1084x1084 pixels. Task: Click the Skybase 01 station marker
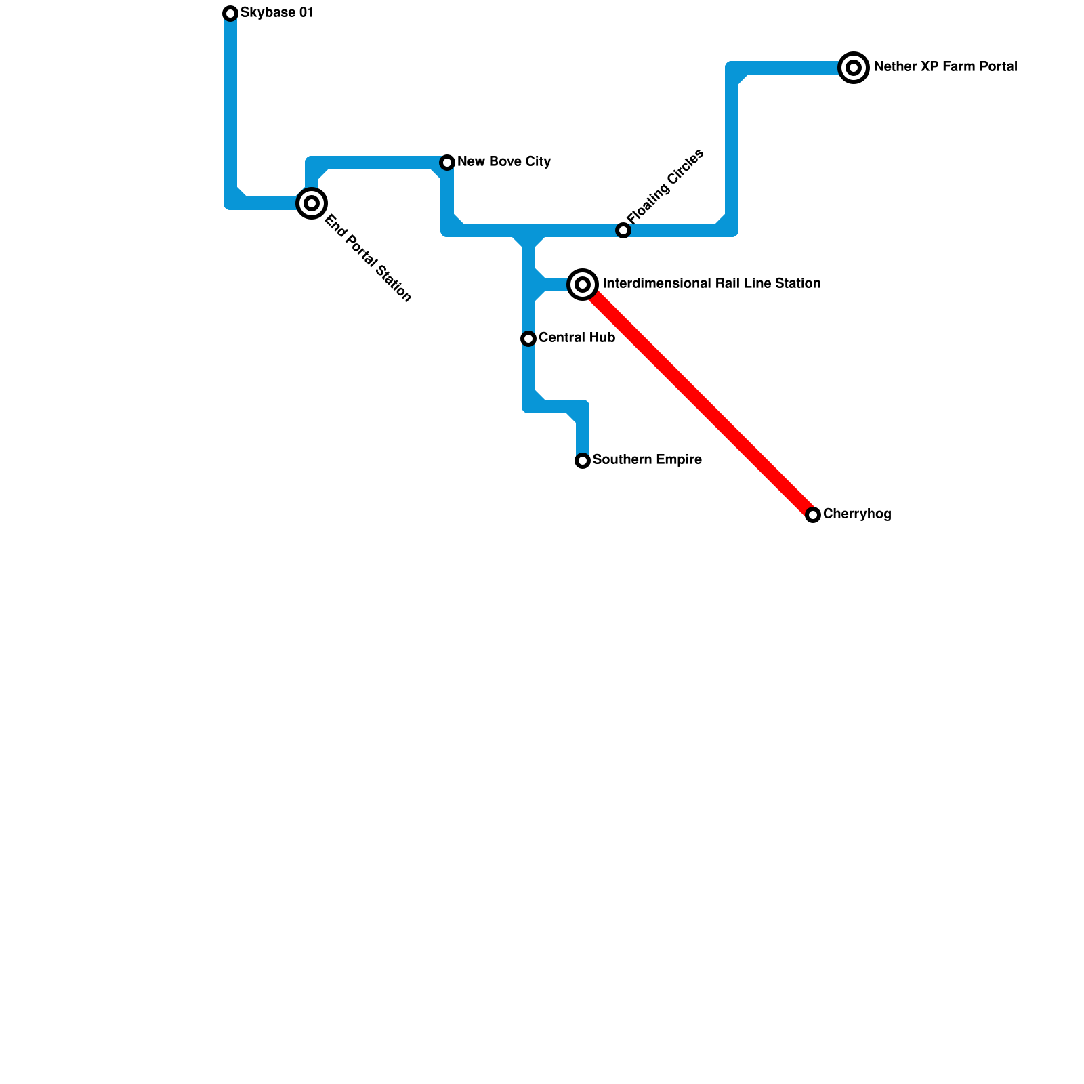[x=230, y=14]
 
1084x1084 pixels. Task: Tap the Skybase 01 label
[x=276, y=13]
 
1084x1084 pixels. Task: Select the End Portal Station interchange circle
[x=312, y=203]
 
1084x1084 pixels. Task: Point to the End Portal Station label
[x=368, y=258]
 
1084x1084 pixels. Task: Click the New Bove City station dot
[x=447, y=163]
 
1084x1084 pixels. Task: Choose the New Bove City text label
[x=504, y=162]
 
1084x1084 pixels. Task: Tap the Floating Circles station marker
[x=623, y=230]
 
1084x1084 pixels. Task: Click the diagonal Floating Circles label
[x=665, y=186]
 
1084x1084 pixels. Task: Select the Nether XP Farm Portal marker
[x=854, y=68]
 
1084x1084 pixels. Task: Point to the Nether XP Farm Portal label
[x=945, y=67]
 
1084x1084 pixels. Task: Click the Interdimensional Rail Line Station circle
[x=583, y=285]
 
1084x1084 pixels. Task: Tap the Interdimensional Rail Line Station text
[x=711, y=284]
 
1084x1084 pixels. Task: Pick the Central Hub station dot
[x=528, y=339]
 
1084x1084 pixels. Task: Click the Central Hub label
[x=577, y=338]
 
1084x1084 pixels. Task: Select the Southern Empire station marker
[x=583, y=461]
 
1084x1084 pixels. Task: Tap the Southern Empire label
[x=647, y=460]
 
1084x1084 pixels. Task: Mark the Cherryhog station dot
[x=813, y=515]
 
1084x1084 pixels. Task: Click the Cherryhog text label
[x=857, y=514]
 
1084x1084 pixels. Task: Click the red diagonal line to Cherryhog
[x=698, y=400]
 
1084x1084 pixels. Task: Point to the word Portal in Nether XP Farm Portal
[x=997, y=67]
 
